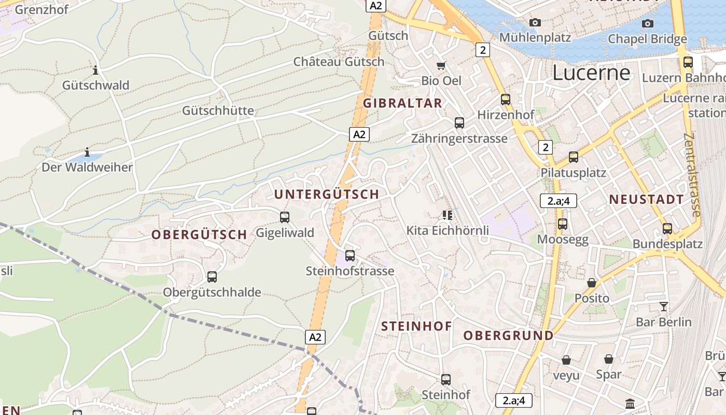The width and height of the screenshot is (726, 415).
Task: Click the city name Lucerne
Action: click(x=591, y=73)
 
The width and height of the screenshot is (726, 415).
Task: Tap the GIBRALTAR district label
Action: click(x=402, y=103)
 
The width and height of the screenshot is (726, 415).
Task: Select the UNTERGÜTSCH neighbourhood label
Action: click(x=327, y=194)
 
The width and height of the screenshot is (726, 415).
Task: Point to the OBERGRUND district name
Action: click(x=508, y=335)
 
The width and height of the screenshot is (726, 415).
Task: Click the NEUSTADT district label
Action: click(x=646, y=199)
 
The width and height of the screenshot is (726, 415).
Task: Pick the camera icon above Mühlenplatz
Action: click(x=535, y=22)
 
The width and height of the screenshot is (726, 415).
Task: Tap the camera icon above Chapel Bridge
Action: click(x=647, y=23)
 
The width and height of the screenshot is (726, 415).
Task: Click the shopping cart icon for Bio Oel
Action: click(x=441, y=65)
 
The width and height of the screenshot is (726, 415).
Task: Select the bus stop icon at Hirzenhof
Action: click(x=506, y=99)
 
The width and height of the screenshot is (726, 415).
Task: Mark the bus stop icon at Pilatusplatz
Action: click(x=573, y=157)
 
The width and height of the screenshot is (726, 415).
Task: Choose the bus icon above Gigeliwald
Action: click(x=285, y=217)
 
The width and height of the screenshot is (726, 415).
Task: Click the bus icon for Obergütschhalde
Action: click(x=212, y=276)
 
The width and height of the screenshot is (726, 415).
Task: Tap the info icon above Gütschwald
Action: click(x=95, y=70)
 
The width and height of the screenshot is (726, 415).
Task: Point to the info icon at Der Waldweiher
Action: click(x=87, y=153)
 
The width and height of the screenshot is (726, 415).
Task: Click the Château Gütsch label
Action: click(x=339, y=62)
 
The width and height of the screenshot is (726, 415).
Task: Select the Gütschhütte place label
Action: click(x=218, y=110)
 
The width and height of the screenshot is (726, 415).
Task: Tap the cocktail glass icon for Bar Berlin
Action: click(x=664, y=306)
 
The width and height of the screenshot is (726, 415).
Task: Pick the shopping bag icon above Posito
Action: click(x=591, y=283)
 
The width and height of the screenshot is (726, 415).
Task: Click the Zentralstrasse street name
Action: click(x=693, y=175)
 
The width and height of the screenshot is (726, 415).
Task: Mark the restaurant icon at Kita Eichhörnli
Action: click(x=448, y=215)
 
